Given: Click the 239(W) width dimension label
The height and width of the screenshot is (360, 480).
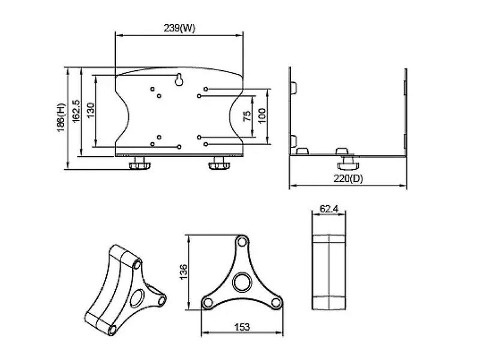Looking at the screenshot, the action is (179, 28).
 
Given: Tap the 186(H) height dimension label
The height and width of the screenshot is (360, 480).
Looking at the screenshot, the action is (61, 118).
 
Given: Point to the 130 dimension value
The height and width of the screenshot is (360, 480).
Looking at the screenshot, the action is (91, 110).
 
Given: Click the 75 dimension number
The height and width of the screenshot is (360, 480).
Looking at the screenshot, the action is (247, 116).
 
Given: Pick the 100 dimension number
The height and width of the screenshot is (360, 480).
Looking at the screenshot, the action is (262, 116).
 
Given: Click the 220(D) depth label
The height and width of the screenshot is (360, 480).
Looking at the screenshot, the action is (348, 178).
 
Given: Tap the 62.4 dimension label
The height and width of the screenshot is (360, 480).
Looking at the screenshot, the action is (329, 209).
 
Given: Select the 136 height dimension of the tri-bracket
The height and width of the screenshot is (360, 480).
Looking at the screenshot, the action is (183, 272).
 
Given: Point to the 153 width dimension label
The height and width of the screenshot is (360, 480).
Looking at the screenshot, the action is (242, 327).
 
